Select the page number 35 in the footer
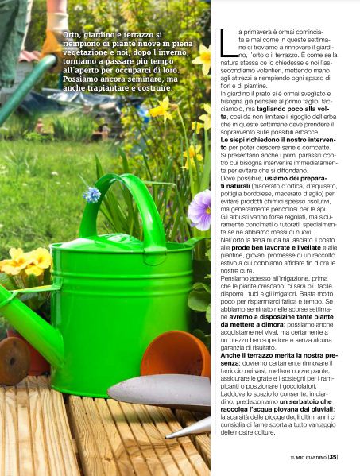point(333,457)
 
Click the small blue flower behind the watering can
point(92,194)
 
